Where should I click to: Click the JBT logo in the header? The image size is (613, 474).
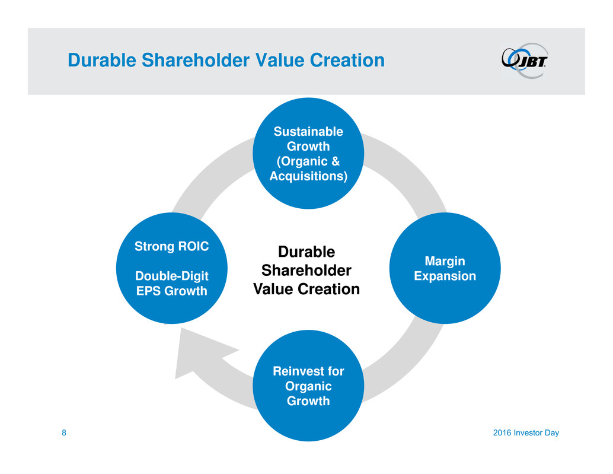(x=525, y=61)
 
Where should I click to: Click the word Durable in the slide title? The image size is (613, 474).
(x=102, y=61)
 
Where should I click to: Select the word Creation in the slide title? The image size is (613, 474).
(x=347, y=61)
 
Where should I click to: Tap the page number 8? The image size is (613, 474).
(x=63, y=432)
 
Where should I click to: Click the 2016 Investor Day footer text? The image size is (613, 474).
(x=526, y=433)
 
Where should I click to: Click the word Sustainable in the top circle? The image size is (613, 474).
(x=308, y=132)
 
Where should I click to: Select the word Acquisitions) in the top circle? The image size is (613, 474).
(x=308, y=176)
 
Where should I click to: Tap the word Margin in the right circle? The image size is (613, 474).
(x=445, y=261)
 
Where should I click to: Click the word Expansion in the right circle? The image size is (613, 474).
(x=445, y=276)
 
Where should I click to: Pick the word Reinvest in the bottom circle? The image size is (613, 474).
(x=298, y=371)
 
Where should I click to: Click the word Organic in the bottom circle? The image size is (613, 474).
(x=308, y=386)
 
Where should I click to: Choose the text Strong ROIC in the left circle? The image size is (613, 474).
(x=171, y=246)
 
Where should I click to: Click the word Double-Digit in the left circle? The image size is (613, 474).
(x=171, y=276)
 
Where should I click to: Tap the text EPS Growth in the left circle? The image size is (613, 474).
(x=171, y=291)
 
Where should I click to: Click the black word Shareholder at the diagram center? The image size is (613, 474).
(x=306, y=271)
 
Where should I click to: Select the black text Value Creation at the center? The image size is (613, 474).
(x=306, y=289)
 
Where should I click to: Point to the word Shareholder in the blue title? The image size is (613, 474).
(x=196, y=61)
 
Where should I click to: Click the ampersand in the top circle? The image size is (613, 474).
(x=334, y=161)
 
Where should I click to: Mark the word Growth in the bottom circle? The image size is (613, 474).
(x=308, y=401)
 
